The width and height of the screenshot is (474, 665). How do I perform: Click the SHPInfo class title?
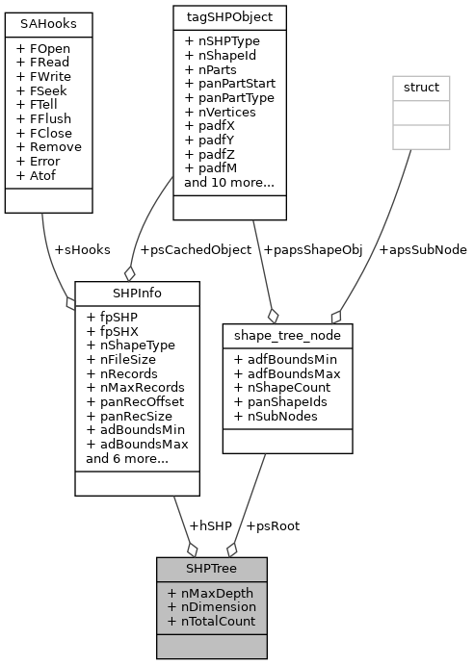[137, 291]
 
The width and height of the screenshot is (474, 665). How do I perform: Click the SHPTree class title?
[211, 568]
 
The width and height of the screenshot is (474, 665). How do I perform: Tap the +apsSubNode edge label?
[422, 250]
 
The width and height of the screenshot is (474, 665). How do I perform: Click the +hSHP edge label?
[210, 525]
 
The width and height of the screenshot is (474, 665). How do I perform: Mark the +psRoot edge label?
[273, 525]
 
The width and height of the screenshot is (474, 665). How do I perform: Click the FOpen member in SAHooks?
[43, 46]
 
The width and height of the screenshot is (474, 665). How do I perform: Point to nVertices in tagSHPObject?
[217, 112]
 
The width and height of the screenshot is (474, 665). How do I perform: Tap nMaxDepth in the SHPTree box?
[211, 593]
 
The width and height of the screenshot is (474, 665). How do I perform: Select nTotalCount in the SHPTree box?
[211, 622]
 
